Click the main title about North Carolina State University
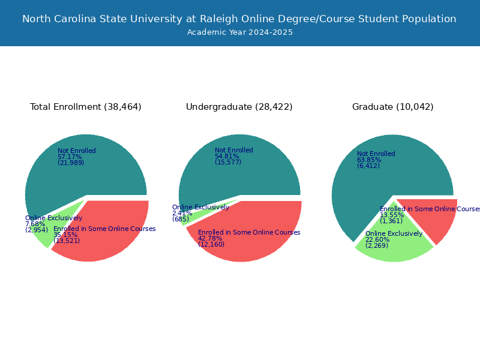coord(239,19)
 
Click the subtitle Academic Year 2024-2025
coord(239,32)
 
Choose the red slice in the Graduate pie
coord(434,217)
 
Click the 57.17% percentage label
coord(70,157)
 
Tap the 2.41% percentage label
coord(182,213)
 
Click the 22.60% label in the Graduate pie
coord(377,239)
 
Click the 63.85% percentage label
coord(369,160)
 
